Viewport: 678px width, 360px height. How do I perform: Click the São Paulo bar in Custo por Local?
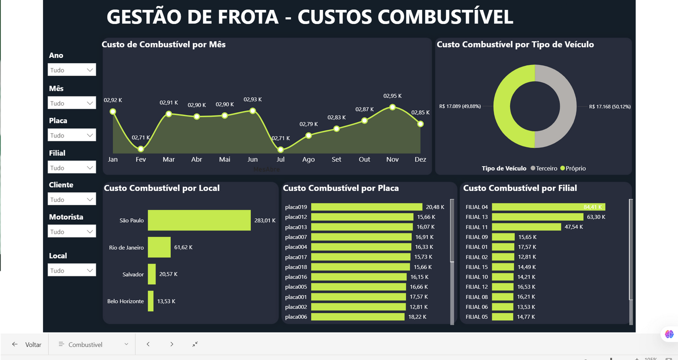click(199, 220)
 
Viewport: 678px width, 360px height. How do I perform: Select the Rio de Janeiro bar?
click(159, 247)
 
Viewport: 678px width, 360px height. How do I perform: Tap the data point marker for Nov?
click(392, 107)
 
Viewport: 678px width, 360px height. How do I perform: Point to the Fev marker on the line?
click(141, 149)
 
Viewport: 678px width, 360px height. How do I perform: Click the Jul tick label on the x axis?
click(281, 160)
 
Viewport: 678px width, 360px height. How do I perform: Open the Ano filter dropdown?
click(72, 70)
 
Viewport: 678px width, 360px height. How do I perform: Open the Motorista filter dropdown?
click(72, 231)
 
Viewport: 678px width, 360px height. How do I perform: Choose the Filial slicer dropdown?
click(72, 168)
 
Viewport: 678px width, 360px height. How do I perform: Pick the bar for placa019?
click(366, 207)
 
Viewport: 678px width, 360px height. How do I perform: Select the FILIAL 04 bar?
click(548, 207)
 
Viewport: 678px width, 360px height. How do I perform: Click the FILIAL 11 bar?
click(526, 227)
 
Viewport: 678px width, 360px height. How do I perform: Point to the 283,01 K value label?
click(265, 220)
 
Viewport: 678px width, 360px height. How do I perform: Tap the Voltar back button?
click(27, 345)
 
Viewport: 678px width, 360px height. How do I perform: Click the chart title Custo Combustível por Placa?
click(341, 188)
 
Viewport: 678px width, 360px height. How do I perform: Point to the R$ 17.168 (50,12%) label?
click(609, 107)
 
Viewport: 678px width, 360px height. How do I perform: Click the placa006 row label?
click(296, 317)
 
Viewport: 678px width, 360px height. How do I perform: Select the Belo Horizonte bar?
click(151, 301)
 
